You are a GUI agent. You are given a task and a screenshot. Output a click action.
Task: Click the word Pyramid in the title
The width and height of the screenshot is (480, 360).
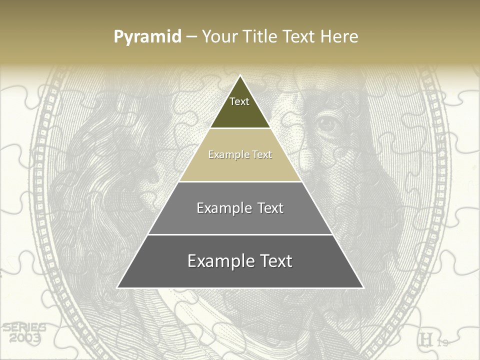[x=147, y=37]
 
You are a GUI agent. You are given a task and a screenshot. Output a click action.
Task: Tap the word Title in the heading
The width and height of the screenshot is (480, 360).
[x=263, y=36]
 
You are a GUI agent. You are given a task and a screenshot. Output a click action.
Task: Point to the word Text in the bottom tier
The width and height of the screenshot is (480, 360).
[x=275, y=261]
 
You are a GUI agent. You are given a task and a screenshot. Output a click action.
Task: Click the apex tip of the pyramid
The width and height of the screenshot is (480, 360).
[x=240, y=76]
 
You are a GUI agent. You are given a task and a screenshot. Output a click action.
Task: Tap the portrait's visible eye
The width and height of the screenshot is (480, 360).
[x=327, y=123]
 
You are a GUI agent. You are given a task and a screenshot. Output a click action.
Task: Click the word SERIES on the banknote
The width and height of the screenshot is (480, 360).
[x=24, y=328]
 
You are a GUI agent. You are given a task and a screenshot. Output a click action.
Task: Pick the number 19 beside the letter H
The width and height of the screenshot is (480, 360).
[x=442, y=342]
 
